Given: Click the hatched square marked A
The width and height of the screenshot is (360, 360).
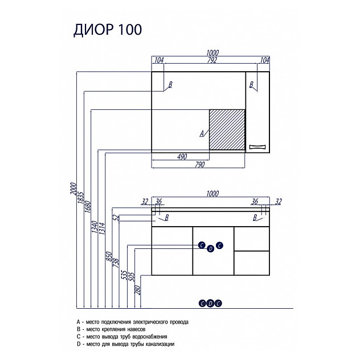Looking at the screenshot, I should click(227, 129).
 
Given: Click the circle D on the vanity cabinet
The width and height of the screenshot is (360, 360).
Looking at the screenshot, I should click(211, 248).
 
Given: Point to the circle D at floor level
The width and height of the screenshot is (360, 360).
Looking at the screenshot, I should click(211, 302).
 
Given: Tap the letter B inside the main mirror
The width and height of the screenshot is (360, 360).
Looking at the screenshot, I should click(170, 85).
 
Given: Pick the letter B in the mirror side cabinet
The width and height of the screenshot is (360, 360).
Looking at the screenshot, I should click(251, 85).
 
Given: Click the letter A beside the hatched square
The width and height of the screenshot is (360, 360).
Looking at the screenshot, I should click(202, 134).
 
